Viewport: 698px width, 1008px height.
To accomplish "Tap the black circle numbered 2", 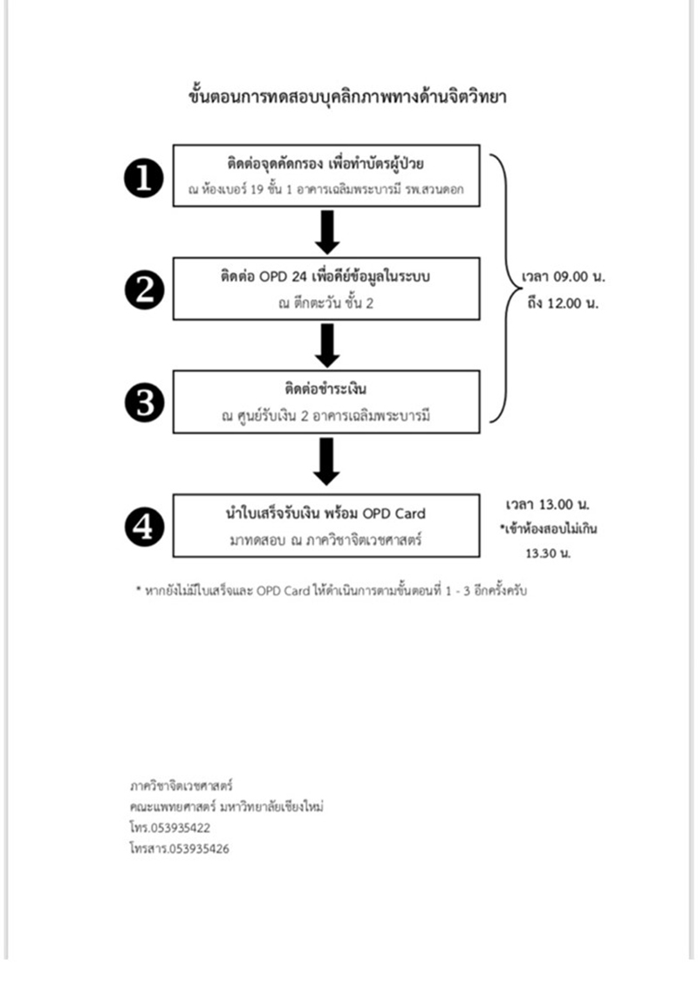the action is (144, 289).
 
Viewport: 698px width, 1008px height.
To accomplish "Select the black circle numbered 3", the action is (144, 403).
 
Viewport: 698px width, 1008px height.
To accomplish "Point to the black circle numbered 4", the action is (144, 527).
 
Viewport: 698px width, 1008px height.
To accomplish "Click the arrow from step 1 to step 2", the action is (327, 232).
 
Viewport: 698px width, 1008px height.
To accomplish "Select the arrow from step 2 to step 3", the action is (327, 345).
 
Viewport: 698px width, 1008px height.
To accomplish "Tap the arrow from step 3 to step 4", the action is (327, 461).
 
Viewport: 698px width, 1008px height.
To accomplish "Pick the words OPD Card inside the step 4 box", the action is (393, 514).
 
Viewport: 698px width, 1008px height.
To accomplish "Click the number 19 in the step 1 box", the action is (255, 190).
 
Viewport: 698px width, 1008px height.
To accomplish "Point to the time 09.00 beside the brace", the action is (571, 277).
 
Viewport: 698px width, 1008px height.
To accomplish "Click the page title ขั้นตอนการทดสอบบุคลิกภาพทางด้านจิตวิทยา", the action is (347, 97).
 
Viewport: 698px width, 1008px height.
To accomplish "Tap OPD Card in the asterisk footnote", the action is (283, 591).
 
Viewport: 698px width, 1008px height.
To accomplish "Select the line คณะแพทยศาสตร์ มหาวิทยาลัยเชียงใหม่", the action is (227, 807).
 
